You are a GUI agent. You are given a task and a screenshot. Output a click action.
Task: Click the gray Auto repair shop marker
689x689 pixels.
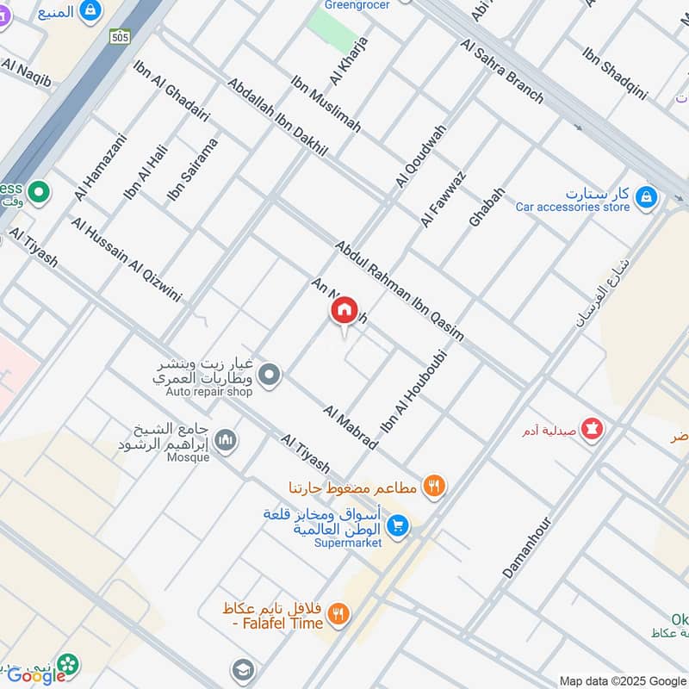[x=270, y=375]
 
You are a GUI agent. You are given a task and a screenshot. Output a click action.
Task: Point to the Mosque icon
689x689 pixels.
[x=227, y=440]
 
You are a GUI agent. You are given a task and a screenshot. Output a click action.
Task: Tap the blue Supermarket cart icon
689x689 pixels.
[x=397, y=525]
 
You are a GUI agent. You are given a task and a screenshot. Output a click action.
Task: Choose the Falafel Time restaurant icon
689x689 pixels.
[x=339, y=614]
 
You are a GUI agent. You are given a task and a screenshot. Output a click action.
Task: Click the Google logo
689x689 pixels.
[x=36, y=675]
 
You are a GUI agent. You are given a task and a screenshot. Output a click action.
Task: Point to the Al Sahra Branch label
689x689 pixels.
[x=502, y=71]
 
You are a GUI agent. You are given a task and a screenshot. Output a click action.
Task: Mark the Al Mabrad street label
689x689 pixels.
[x=351, y=426]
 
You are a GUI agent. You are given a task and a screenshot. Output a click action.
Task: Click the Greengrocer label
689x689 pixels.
[x=357, y=5]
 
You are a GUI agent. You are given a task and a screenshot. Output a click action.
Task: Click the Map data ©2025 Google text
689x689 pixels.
[x=621, y=680]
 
